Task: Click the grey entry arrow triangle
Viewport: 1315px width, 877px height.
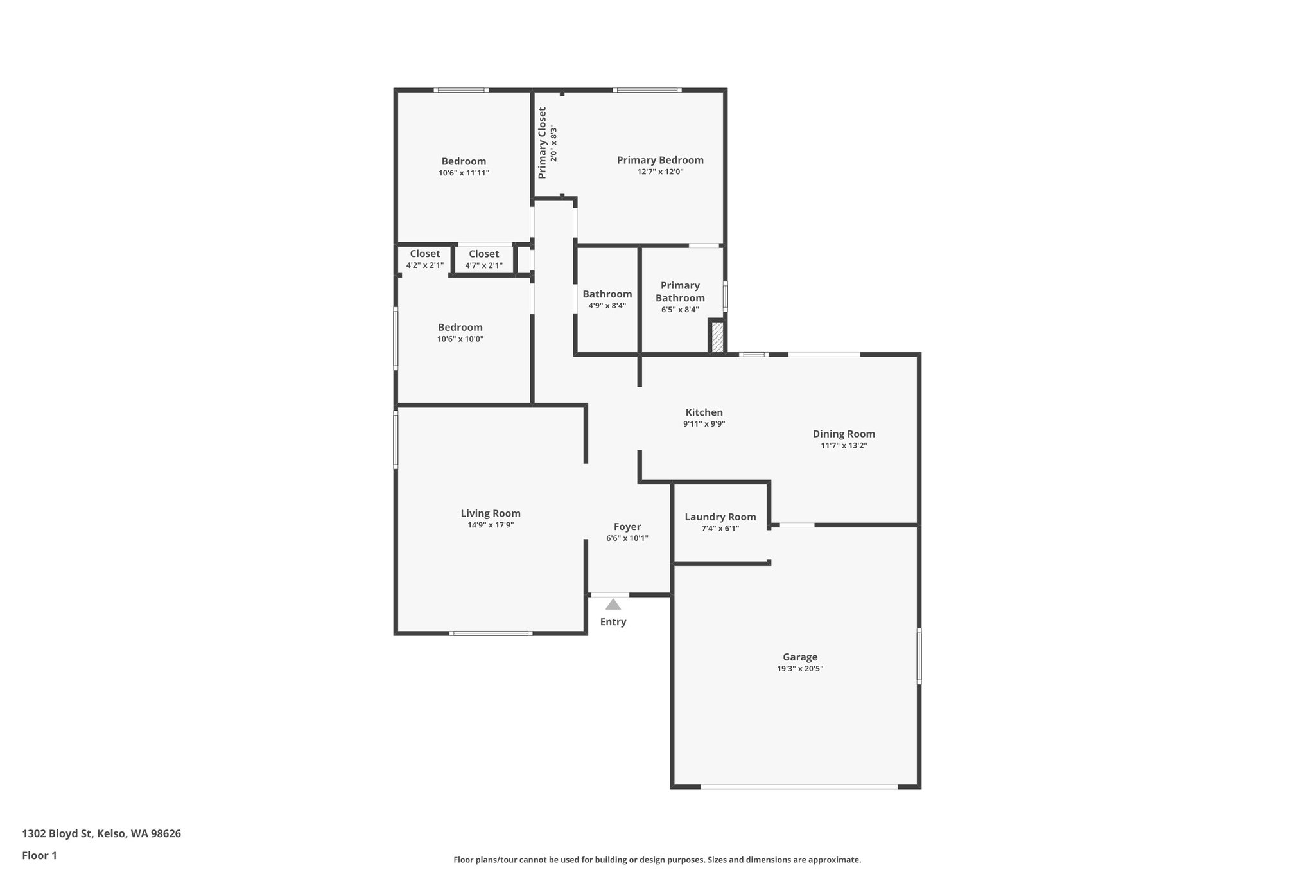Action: [613, 605]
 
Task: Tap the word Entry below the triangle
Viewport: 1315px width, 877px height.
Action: [613, 622]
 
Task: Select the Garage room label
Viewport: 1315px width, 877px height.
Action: [800, 657]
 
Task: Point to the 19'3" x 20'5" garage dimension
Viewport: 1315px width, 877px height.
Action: [800, 669]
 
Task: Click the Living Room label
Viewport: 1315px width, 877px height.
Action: [491, 513]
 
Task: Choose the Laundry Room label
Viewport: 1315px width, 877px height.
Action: [720, 517]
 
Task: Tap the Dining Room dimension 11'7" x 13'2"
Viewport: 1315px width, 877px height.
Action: [844, 446]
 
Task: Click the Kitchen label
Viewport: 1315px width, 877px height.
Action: [704, 412]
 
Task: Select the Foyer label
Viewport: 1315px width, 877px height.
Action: [627, 527]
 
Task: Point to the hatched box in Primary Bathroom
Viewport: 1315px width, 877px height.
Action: [717, 337]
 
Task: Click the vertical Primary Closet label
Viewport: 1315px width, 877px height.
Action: [543, 143]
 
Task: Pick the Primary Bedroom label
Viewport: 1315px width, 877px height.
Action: [660, 160]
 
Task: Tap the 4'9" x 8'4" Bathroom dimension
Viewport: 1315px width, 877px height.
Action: [607, 306]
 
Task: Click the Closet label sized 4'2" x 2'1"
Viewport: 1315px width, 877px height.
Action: [425, 254]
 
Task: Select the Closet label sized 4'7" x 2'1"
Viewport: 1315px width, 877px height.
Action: [483, 254]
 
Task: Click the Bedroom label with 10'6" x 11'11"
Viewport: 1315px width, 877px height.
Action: [464, 161]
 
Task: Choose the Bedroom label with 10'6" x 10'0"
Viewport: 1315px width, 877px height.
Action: [460, 327]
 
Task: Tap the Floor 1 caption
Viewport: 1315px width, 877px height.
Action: [40, 856]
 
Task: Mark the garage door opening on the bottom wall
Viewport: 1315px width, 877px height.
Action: [799, 786]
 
